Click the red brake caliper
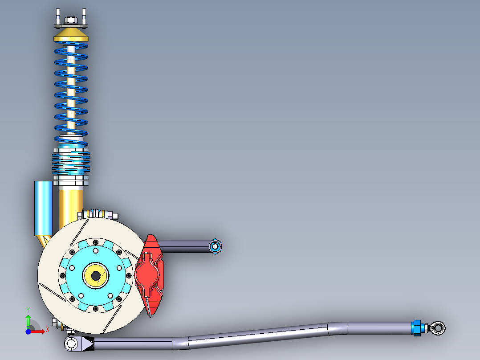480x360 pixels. coord(151,274)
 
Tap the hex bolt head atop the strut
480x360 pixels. coord(70,20)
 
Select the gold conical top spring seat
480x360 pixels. coord(71,35)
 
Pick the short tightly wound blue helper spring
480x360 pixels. coord(71,163)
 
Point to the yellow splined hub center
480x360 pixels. coord(96,275)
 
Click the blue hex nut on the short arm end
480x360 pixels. coord(216,246)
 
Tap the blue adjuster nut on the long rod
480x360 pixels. coord(417,327)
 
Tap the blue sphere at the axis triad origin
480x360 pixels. coord(28,331)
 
